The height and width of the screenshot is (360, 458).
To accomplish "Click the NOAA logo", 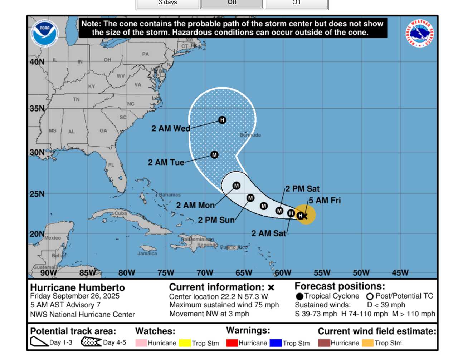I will coord(44,33).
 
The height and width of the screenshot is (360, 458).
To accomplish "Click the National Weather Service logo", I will coord(419,33).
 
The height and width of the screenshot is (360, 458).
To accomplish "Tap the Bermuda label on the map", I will coord(250,135).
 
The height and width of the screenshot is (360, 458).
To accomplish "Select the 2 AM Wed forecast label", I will coord(171,128).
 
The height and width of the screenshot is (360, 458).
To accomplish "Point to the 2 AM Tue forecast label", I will coord(166,162).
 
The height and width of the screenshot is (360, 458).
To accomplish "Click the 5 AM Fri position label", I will coord(325,201).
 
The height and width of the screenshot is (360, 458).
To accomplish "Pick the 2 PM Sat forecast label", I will coord(302,189).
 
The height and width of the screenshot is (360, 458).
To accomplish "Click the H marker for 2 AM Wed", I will coord(222,120).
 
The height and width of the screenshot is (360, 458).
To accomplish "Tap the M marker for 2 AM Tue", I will coord(214,155).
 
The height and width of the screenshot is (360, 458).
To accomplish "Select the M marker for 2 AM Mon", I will coord(236,186).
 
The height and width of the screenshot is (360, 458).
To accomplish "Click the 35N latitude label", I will coord(37,108).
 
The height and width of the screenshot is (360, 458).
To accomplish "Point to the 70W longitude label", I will coord(205,273).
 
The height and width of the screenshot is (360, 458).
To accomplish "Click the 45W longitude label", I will coord(400,273).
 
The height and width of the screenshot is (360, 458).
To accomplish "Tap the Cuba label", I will coord(121,213).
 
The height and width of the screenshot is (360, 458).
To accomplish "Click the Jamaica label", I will coord(147,253).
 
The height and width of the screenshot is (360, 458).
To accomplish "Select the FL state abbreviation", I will coord(111,165).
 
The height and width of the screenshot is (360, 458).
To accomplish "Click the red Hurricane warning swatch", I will coord(232,343).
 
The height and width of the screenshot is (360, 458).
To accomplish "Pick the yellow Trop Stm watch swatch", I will coord(185,343).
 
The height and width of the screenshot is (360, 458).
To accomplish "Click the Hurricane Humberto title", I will coord(78,287).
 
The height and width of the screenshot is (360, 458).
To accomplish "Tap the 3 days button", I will coord(168,3).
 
